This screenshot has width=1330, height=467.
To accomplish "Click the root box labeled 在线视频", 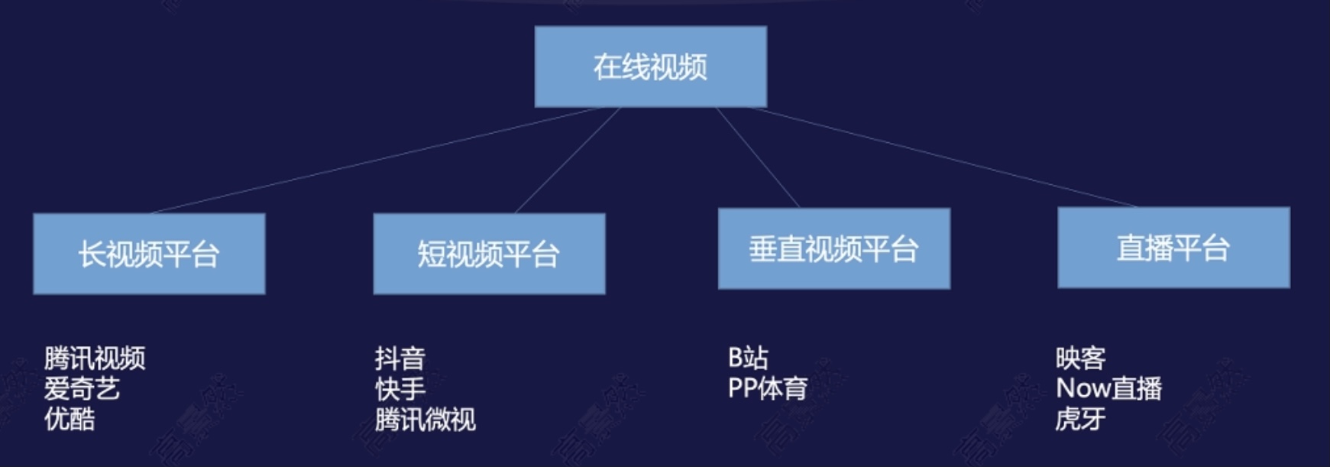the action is [x=650, y=66].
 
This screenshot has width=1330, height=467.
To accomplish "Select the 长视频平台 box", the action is [x=149, y=254].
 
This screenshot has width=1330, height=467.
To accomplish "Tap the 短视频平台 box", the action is [x=489, y=254].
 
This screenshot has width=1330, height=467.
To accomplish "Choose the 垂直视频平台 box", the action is [x=833, y=248].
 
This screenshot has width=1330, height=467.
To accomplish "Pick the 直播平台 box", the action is [x=1173, y=248].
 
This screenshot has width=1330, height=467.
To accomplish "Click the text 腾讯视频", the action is [x=95, y=358].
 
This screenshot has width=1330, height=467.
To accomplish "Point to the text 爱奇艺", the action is [x=82, y=388].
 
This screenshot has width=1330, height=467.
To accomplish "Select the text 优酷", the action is [x=70, y=419].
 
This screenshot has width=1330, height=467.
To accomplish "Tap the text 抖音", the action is [x=400, y=358].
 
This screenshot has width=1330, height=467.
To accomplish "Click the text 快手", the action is [x=400, y=388].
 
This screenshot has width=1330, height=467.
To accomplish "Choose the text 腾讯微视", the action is [x=425, y=419].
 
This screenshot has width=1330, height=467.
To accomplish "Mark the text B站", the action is [x=748, y=357].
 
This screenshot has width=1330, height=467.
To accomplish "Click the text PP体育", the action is [x=767, y=388].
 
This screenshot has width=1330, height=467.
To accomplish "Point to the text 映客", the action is [x=1080, y=358].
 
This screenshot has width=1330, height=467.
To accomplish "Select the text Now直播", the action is [x=1108, y=388].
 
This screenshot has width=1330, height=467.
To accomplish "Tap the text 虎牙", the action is [x=1080, y=419].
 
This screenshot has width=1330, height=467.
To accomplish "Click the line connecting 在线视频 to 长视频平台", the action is [x=378, y=160].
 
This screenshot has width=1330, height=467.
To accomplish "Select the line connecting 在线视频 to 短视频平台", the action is [x=568, y=160].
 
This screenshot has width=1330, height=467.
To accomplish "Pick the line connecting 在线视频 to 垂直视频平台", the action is [x=757, y=157].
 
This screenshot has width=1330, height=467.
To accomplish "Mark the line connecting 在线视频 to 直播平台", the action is [x=943, y=157].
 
